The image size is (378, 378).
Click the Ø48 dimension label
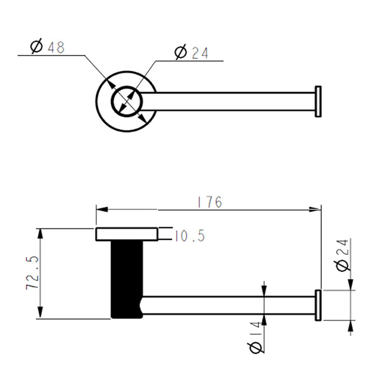(x=48, y=48)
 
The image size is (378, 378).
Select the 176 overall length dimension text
(x=210, y=202)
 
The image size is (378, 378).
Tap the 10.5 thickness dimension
(x=190, y=235)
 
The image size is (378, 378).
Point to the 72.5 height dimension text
(x=32, y=273)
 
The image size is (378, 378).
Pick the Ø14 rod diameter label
(x=257, y=338)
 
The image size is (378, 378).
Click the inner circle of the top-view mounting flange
(x=126, y=101)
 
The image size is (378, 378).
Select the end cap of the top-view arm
(x=318, y=101)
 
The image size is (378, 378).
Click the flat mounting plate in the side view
(x=126, y=234)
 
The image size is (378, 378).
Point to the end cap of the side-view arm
(x=318, y=305)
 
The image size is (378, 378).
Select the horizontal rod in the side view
(x=227, y=305)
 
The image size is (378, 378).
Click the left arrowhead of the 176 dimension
(x=99, y=209)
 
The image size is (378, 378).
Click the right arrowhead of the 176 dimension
(x=318, y=209)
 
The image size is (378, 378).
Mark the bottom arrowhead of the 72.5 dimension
(x=39, y=315)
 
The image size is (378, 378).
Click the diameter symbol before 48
(x=37, y=48)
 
